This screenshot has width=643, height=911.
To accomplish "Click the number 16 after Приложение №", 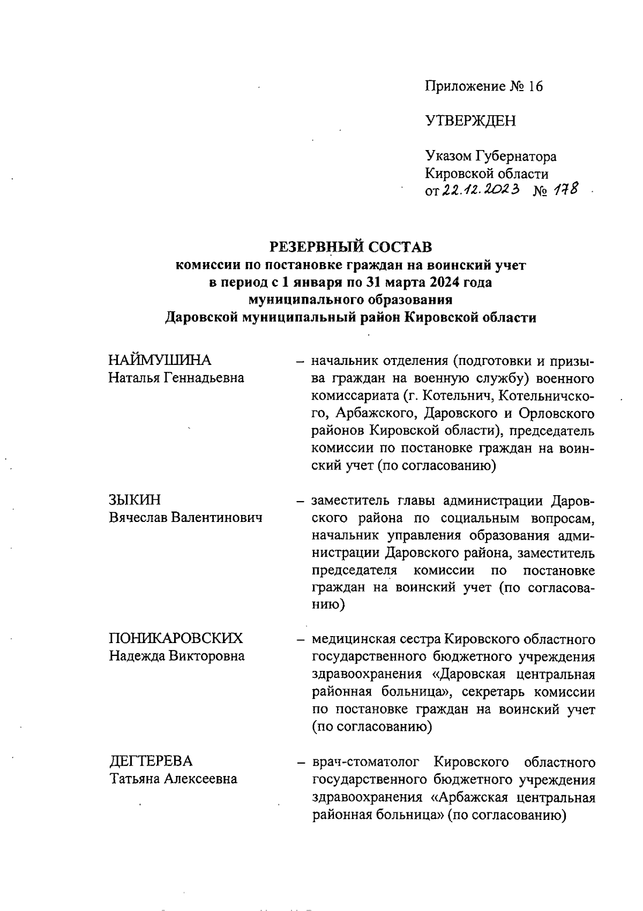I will point(535,86).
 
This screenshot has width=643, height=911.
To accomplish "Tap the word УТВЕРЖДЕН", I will point(470,121).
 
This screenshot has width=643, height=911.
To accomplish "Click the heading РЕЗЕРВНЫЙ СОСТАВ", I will point(350,247).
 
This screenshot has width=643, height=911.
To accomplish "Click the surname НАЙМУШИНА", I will point(160,360).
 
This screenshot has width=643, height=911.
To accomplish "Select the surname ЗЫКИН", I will point(134,500).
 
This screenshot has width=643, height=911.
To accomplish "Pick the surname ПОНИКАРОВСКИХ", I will point(176,638).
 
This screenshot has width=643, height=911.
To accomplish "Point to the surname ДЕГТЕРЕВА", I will point(151,761).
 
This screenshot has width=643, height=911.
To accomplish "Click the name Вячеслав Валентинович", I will point(185,518).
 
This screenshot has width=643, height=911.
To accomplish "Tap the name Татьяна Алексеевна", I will point(174,779).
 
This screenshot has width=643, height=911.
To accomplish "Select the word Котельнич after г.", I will point(452,396).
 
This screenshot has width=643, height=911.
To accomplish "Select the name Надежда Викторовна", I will point(177,656).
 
